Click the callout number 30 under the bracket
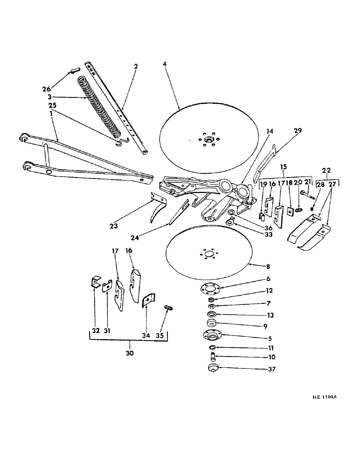click(129, 353)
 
